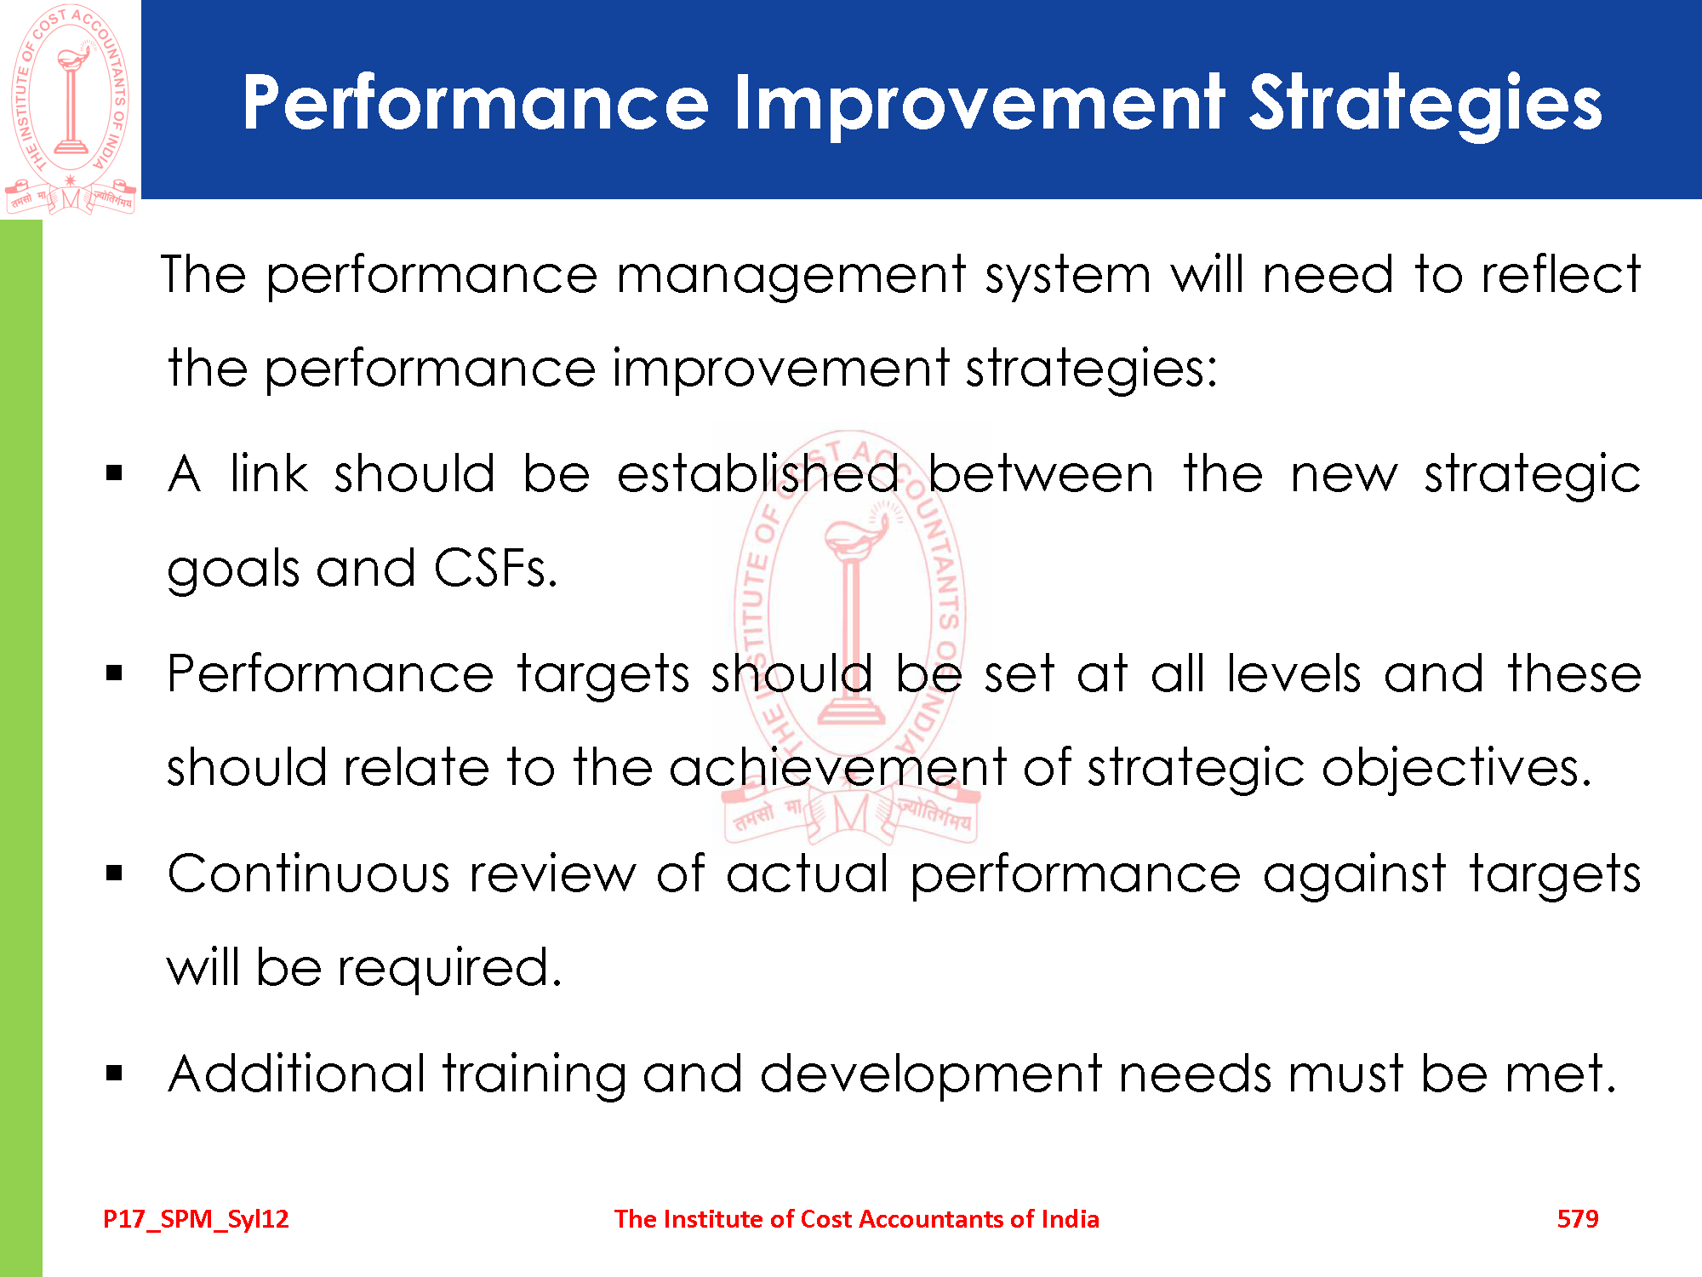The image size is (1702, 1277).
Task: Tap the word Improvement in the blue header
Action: coord(979,105)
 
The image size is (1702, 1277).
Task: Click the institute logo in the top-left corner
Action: coord(71,109)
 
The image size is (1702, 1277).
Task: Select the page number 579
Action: coord(1578,1219)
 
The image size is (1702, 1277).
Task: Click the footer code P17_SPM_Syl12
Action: coord(196,1220)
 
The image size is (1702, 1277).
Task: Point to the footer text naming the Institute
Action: coord(856,1219)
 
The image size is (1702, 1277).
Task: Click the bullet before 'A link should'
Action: coord(115,473)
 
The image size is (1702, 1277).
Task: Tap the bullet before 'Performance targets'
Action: coord(115,673)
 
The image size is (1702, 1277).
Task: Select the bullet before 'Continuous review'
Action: coord(115,873)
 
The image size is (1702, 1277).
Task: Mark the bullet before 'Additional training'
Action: coord(115,1074)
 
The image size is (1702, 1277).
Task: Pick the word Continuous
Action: coord(308,874)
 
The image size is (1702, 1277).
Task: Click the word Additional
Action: coord(296,1074)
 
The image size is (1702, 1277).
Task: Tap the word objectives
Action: coord(1456,769)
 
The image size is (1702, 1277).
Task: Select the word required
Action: coord(449,970)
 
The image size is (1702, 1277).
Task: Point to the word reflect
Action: coord(1561,274)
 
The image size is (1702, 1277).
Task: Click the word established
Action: coord(757,473)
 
